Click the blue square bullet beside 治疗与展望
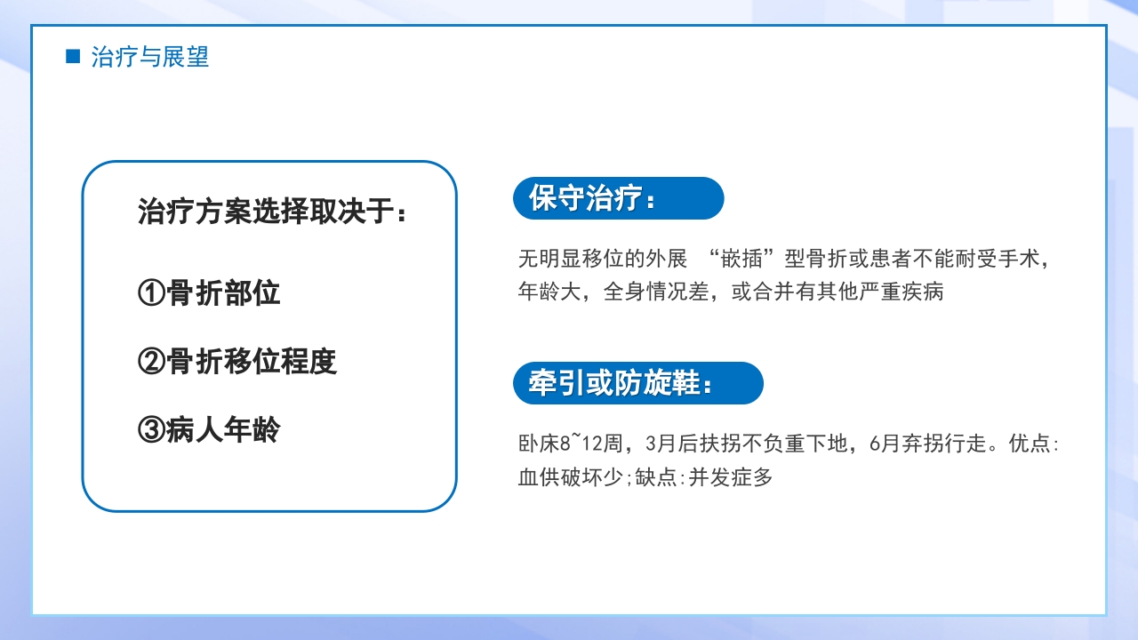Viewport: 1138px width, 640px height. point(73,57)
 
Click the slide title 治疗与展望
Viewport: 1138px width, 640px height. point(149,57)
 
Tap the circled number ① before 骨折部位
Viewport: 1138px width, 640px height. point(152,293)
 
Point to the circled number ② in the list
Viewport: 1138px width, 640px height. point(152,362)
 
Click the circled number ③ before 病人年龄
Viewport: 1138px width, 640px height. point(152,430)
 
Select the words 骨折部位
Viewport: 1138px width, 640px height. point(223,293)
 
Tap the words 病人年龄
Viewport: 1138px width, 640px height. point(223,430)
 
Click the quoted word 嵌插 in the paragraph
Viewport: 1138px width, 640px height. point(745,259)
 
